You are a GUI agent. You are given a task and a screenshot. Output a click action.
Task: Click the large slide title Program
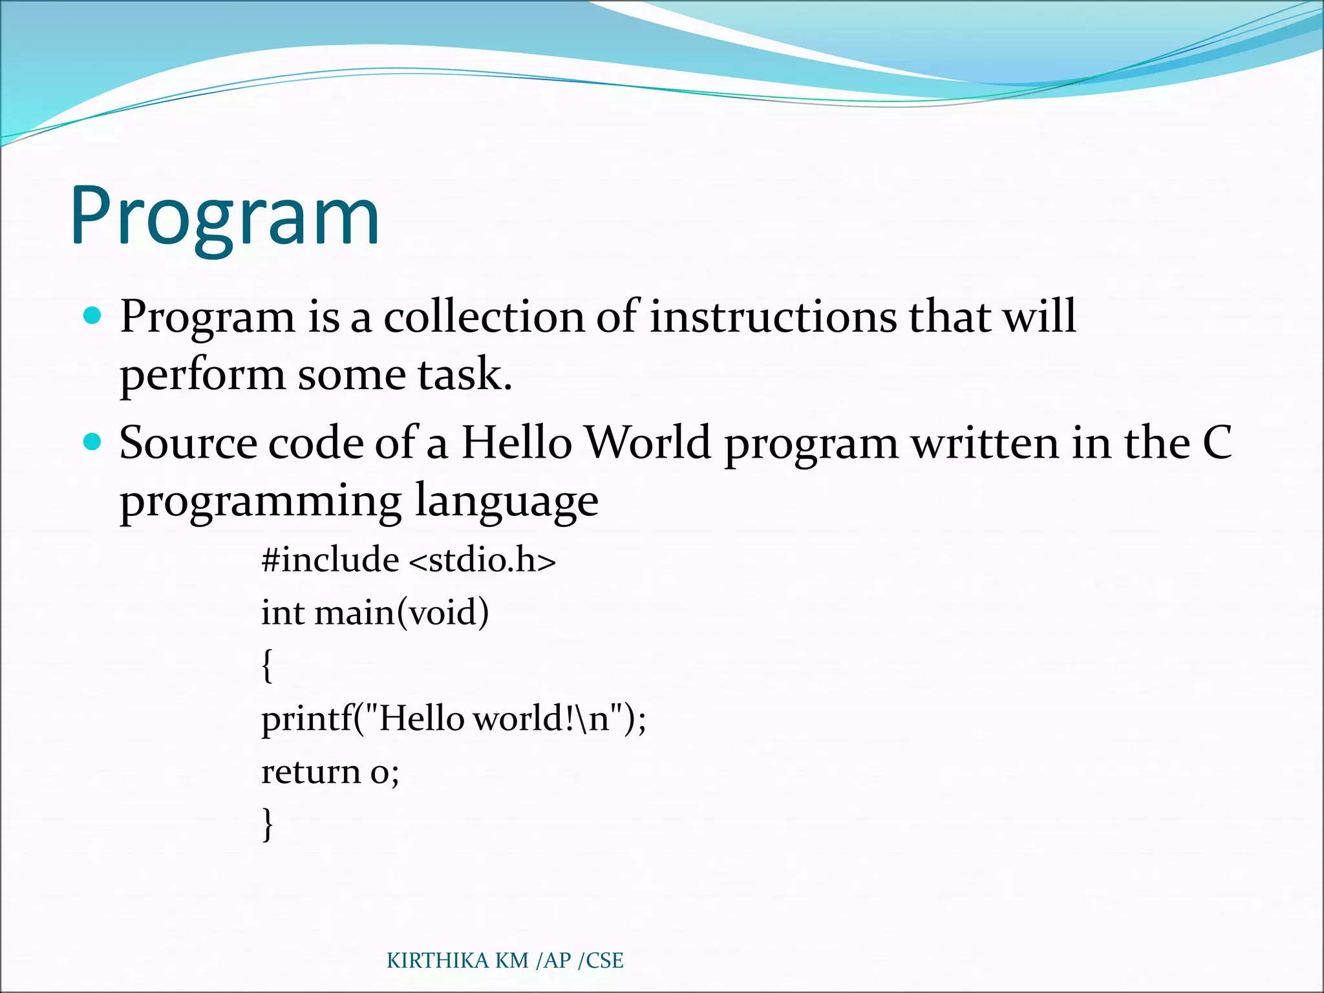click(x=225, y=217)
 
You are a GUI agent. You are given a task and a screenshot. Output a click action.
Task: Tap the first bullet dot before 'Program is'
click(x=93, y=315)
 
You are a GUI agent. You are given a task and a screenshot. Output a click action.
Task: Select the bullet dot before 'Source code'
click(x=93, y=442)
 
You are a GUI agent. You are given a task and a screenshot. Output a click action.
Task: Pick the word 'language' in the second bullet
click(x=506, y=501)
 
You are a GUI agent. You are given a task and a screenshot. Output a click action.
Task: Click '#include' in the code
click(x=330, y=559)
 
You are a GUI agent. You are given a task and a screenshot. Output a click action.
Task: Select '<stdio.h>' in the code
click(x=482, y=559)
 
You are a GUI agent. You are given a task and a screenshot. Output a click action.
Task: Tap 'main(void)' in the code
click(x=401, y=612)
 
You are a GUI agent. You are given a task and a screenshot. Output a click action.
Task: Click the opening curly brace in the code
click(x=267, y=665)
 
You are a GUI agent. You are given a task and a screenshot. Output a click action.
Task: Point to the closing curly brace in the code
click(x=267, y=824)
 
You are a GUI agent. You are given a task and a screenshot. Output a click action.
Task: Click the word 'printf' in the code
click(x=306, y=719)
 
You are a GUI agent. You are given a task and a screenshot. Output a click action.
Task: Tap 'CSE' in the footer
click(x=604, y=961)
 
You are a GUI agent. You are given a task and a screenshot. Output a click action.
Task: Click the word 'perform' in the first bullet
click(x=202, y=376)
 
